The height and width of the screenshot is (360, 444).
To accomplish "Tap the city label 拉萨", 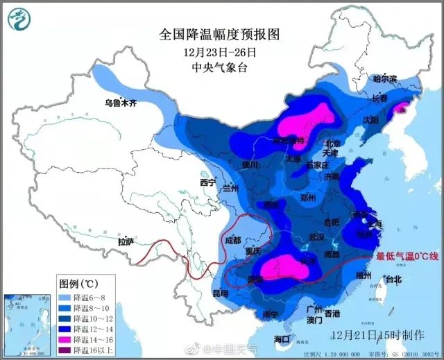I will point(126,242).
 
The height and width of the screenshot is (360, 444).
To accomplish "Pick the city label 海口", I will point(281,339).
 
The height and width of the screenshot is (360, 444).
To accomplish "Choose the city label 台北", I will point(393,280).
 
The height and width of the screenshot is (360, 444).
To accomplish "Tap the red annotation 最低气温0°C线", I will point(407,257).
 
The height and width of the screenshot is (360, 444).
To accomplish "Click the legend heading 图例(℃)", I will point(77,284).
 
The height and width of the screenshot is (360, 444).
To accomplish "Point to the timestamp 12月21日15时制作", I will point(377,335).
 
